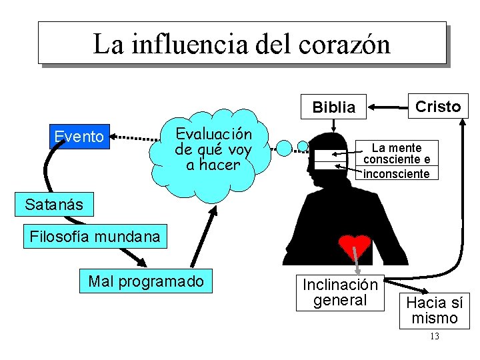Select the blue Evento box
click(x=79, y=137)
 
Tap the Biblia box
click(x=334, y=107)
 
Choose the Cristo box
click(x=438, y=106)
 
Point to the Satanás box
click(x=54, y=205)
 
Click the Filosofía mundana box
click(x=95, y=236)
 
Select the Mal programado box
click(x=146, y=281)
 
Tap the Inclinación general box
click(x=340, y=293)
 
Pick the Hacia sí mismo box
click(x=435, y=310)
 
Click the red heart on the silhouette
click(x=354, y=246)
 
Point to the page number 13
click(x=435, y=337)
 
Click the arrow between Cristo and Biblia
click(x=389, y=106)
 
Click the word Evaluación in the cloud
click(x=213, y=134)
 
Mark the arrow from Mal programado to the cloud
click(x=203, y=236)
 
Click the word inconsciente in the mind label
click(x=397, y=174)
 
